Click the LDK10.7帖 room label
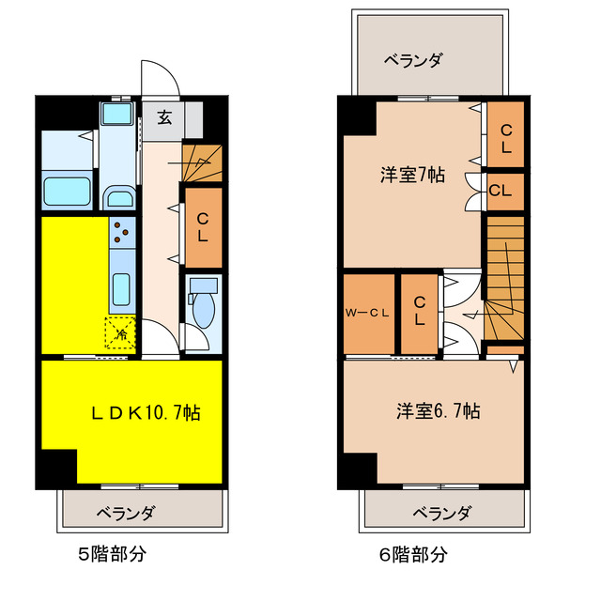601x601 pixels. (x=145, y=411)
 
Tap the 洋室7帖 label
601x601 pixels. (x=412, y=175)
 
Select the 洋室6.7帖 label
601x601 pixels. (x=438, y=410)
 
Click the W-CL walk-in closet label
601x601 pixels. (x=367, y=314)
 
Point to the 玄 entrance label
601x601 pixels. (x=164, y=118)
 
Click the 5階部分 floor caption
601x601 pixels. (x=112, y=554)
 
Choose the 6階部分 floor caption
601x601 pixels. (x=414, y=554)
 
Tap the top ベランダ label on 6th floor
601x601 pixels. (x=413, y=60)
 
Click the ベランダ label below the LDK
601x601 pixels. (x=125, y=512)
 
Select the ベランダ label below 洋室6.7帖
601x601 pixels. (x=441, y=512)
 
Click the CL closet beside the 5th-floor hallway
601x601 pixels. (x=202, y=226)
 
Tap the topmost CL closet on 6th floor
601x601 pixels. (x=505, y=138)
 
